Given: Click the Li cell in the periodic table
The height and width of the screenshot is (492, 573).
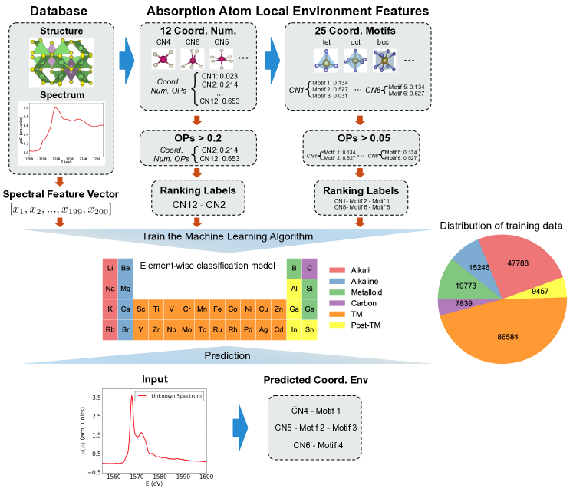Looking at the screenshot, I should (110, 269).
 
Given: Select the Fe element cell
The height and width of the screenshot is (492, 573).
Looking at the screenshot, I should (217, 309).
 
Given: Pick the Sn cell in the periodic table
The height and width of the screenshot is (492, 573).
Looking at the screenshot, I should (310, 330).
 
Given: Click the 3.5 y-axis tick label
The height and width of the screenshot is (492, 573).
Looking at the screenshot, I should (96, 398).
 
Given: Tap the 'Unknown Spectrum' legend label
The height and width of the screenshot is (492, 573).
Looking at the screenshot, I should (177, 396).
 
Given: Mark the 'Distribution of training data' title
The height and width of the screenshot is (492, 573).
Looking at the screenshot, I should (502, 226).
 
